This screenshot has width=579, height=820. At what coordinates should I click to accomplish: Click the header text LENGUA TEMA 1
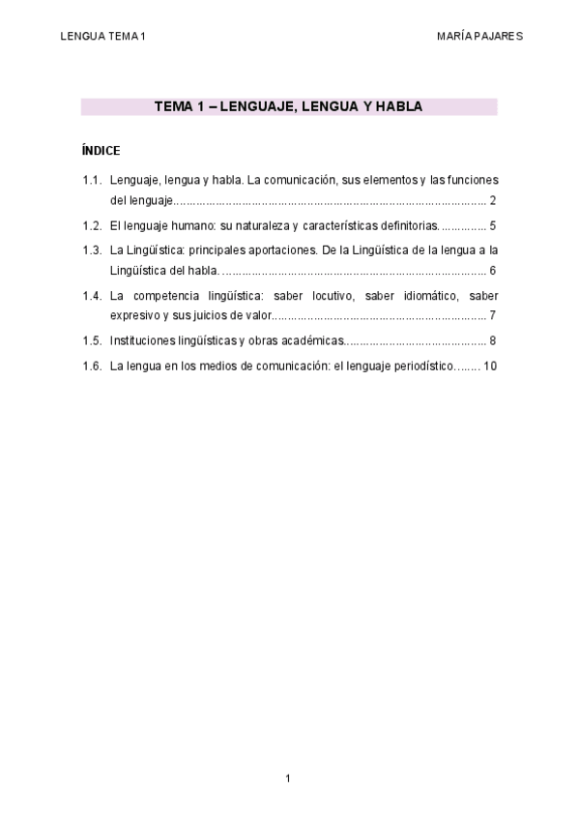pyautogui.click(x=102, y=36)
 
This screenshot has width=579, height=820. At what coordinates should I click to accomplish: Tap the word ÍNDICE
pyautogui.click(x=101, y=152)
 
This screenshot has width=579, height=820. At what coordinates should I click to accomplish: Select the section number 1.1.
pyautogui.click(x=92, y=180)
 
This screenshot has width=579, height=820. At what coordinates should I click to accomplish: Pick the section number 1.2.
pyautogui.click(x=92, y=225)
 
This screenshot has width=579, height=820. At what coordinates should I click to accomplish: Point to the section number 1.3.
pyautogui.click(x=92, y=249)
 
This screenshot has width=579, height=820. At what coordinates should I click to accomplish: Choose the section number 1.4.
pyautogui.click(x=92, y=295)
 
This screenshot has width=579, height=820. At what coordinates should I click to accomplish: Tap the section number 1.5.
pyautogui.click(x=92, y=340)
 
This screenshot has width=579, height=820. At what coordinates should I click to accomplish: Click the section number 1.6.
pyautogui.click(x=92, y=366)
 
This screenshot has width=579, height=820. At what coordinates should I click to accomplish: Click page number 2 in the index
pyautogui.click(x=493, y=201)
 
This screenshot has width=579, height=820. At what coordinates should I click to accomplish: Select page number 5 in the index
pyautogui.click(x=493, y=225)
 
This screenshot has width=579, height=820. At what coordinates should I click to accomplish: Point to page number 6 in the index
pyautogui.click(x=493, y=271)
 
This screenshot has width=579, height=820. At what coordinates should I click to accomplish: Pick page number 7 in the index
pyautogui.click(x=493, y=316)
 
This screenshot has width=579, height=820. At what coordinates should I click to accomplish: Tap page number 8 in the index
pyautogui.click(x=493, y=340)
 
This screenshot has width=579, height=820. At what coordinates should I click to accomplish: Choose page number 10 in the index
pyautogui.click(x=490, y=366)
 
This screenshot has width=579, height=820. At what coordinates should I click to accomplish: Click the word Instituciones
pyautogui.click(x=142, y=340)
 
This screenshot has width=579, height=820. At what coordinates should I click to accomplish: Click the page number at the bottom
pyautogui.click(x=288, y=778)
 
